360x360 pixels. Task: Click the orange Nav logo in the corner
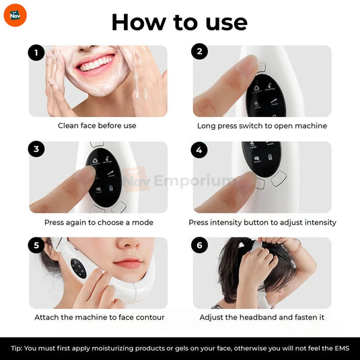[x=14, y=15]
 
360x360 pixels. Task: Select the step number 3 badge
[x=36, y=149]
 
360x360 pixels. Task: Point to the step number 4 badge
[x=199, y=149]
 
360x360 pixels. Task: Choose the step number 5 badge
[x=36, y=246]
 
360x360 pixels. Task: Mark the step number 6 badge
[x=199, y=246]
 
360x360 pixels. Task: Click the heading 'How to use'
[x=179, y=22]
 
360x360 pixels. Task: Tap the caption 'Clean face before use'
[x=97, y=126]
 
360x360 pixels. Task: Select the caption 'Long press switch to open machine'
[x=262, y=126]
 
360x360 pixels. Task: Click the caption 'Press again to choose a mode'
[x=99, y=222]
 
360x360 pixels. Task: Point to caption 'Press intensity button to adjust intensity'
[x=262, y=222]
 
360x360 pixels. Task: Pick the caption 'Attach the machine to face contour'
[x=100, y=318]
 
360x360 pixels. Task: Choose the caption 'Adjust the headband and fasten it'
[x=262, y=318]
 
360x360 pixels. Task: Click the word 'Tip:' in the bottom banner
[x=17, y=349]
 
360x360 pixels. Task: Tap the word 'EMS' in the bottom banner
[x=340, y=349]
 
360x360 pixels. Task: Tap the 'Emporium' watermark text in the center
[x=195, y=180]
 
